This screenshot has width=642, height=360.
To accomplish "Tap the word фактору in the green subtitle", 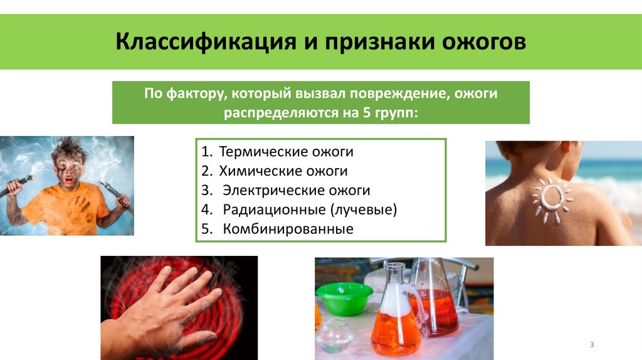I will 196,94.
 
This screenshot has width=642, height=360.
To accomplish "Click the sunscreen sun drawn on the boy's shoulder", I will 550,199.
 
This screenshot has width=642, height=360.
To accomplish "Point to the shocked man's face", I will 68,169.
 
